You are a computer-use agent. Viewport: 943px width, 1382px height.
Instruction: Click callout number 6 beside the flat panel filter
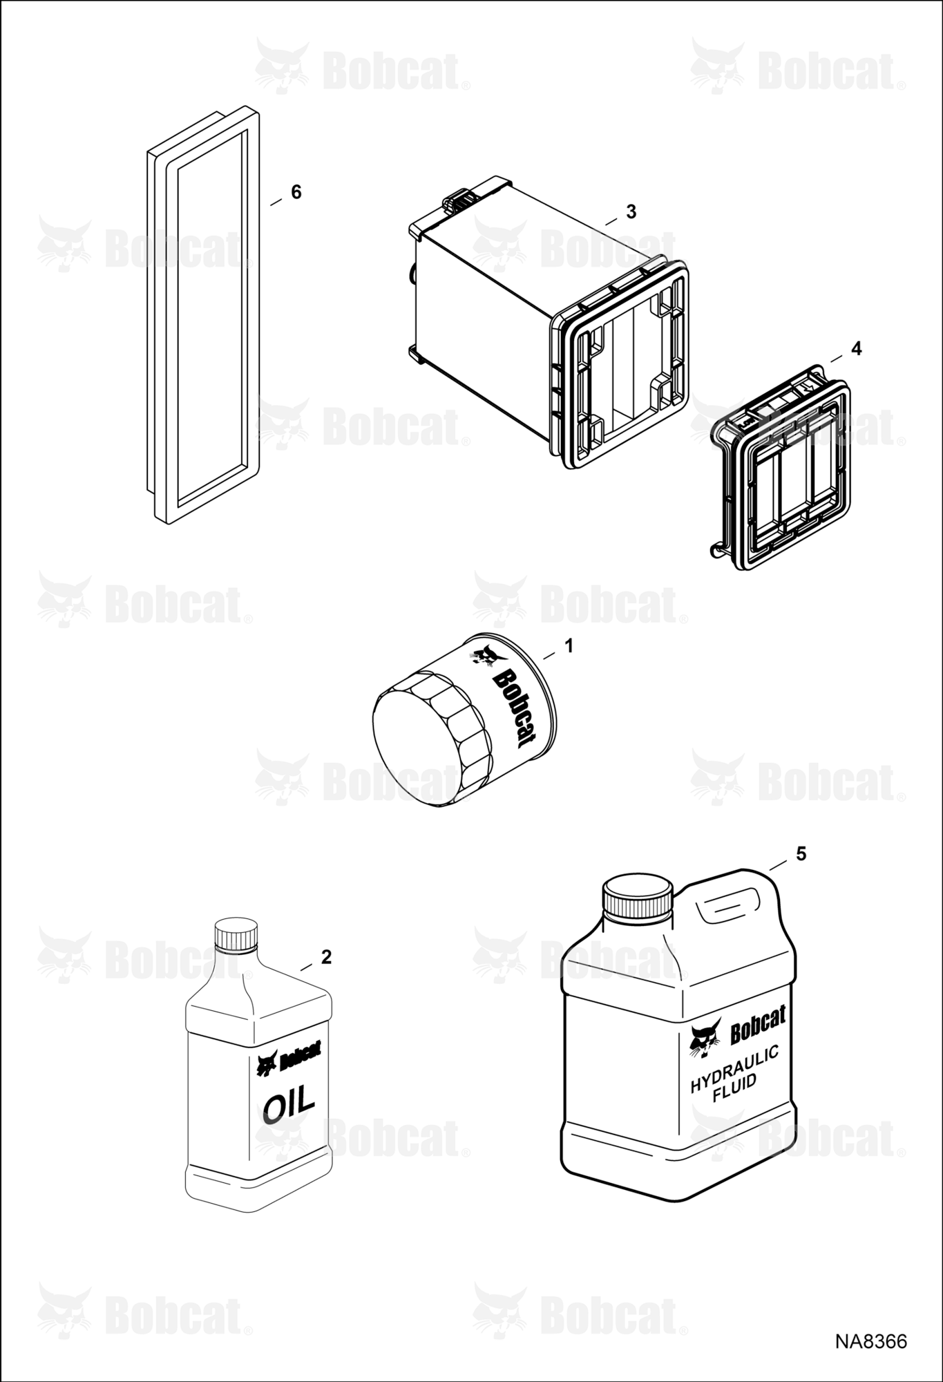(296, 192)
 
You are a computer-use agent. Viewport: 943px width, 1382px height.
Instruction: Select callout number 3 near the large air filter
(631, 212)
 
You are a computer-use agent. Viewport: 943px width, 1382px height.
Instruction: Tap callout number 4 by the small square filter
(857, 349)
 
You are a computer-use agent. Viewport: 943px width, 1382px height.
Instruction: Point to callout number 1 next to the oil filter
(569, 646)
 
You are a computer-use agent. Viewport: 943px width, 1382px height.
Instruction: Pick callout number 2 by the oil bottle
(327, 957)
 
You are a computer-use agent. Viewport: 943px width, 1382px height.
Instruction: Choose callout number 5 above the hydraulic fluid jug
(801, 854)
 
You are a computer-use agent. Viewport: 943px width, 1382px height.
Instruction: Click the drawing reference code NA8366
(870, 1341)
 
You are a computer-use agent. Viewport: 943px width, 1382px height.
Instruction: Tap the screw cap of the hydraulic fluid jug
(638, 898)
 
